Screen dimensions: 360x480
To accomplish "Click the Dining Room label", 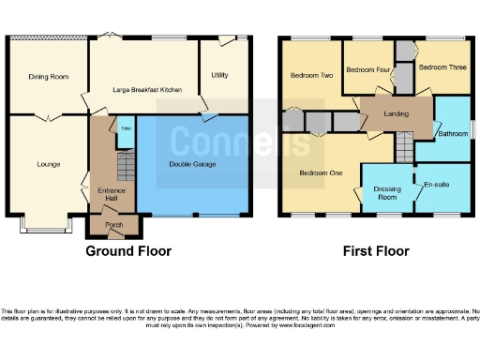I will point(48,77).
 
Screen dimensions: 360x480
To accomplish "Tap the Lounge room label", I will point(49,164).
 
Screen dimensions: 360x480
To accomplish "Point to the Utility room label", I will point(220,74).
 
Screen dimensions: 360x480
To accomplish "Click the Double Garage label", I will point(193,164).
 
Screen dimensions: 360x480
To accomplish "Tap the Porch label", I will point(113,225).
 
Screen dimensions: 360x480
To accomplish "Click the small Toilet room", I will point(123,133).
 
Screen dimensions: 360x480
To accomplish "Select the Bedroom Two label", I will point(311,75).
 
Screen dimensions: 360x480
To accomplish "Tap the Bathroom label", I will point(454,134).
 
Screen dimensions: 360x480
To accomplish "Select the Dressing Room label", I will point(387,193).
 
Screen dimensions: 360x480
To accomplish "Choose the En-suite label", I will point(437,185).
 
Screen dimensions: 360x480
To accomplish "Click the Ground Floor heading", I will point(128,251).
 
